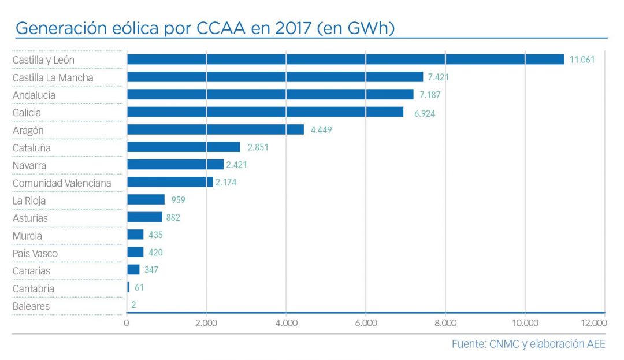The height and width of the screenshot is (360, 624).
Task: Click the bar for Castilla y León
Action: (x=345, y=60)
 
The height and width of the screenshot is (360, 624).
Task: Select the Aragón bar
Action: (x=215, y=130)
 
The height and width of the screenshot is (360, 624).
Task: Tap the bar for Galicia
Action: (x=265, y=112)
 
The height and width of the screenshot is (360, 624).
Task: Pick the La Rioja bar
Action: (x=146, y=200)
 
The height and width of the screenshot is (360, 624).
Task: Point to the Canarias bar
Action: (x=133, y=270)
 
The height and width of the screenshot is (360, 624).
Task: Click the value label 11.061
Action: (x=582, y=60)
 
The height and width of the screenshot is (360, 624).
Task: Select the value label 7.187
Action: (x=433, y=95)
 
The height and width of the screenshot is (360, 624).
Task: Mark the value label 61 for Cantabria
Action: (x=139, y=288)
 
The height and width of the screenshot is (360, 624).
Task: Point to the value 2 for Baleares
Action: (x=133, y=305)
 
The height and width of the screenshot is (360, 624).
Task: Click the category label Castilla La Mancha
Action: (x=53, y=77)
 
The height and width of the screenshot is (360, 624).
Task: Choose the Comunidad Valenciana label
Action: (x=62, y=183)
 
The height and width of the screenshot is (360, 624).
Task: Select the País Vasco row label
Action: (x=35, y=253)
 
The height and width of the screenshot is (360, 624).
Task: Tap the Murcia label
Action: (x=27, y=236)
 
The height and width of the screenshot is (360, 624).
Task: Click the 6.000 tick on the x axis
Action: (x=365, y=323)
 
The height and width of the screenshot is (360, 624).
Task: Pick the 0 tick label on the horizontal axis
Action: (x=127, y=323)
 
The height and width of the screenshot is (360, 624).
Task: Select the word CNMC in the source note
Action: (x=502, y=344)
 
